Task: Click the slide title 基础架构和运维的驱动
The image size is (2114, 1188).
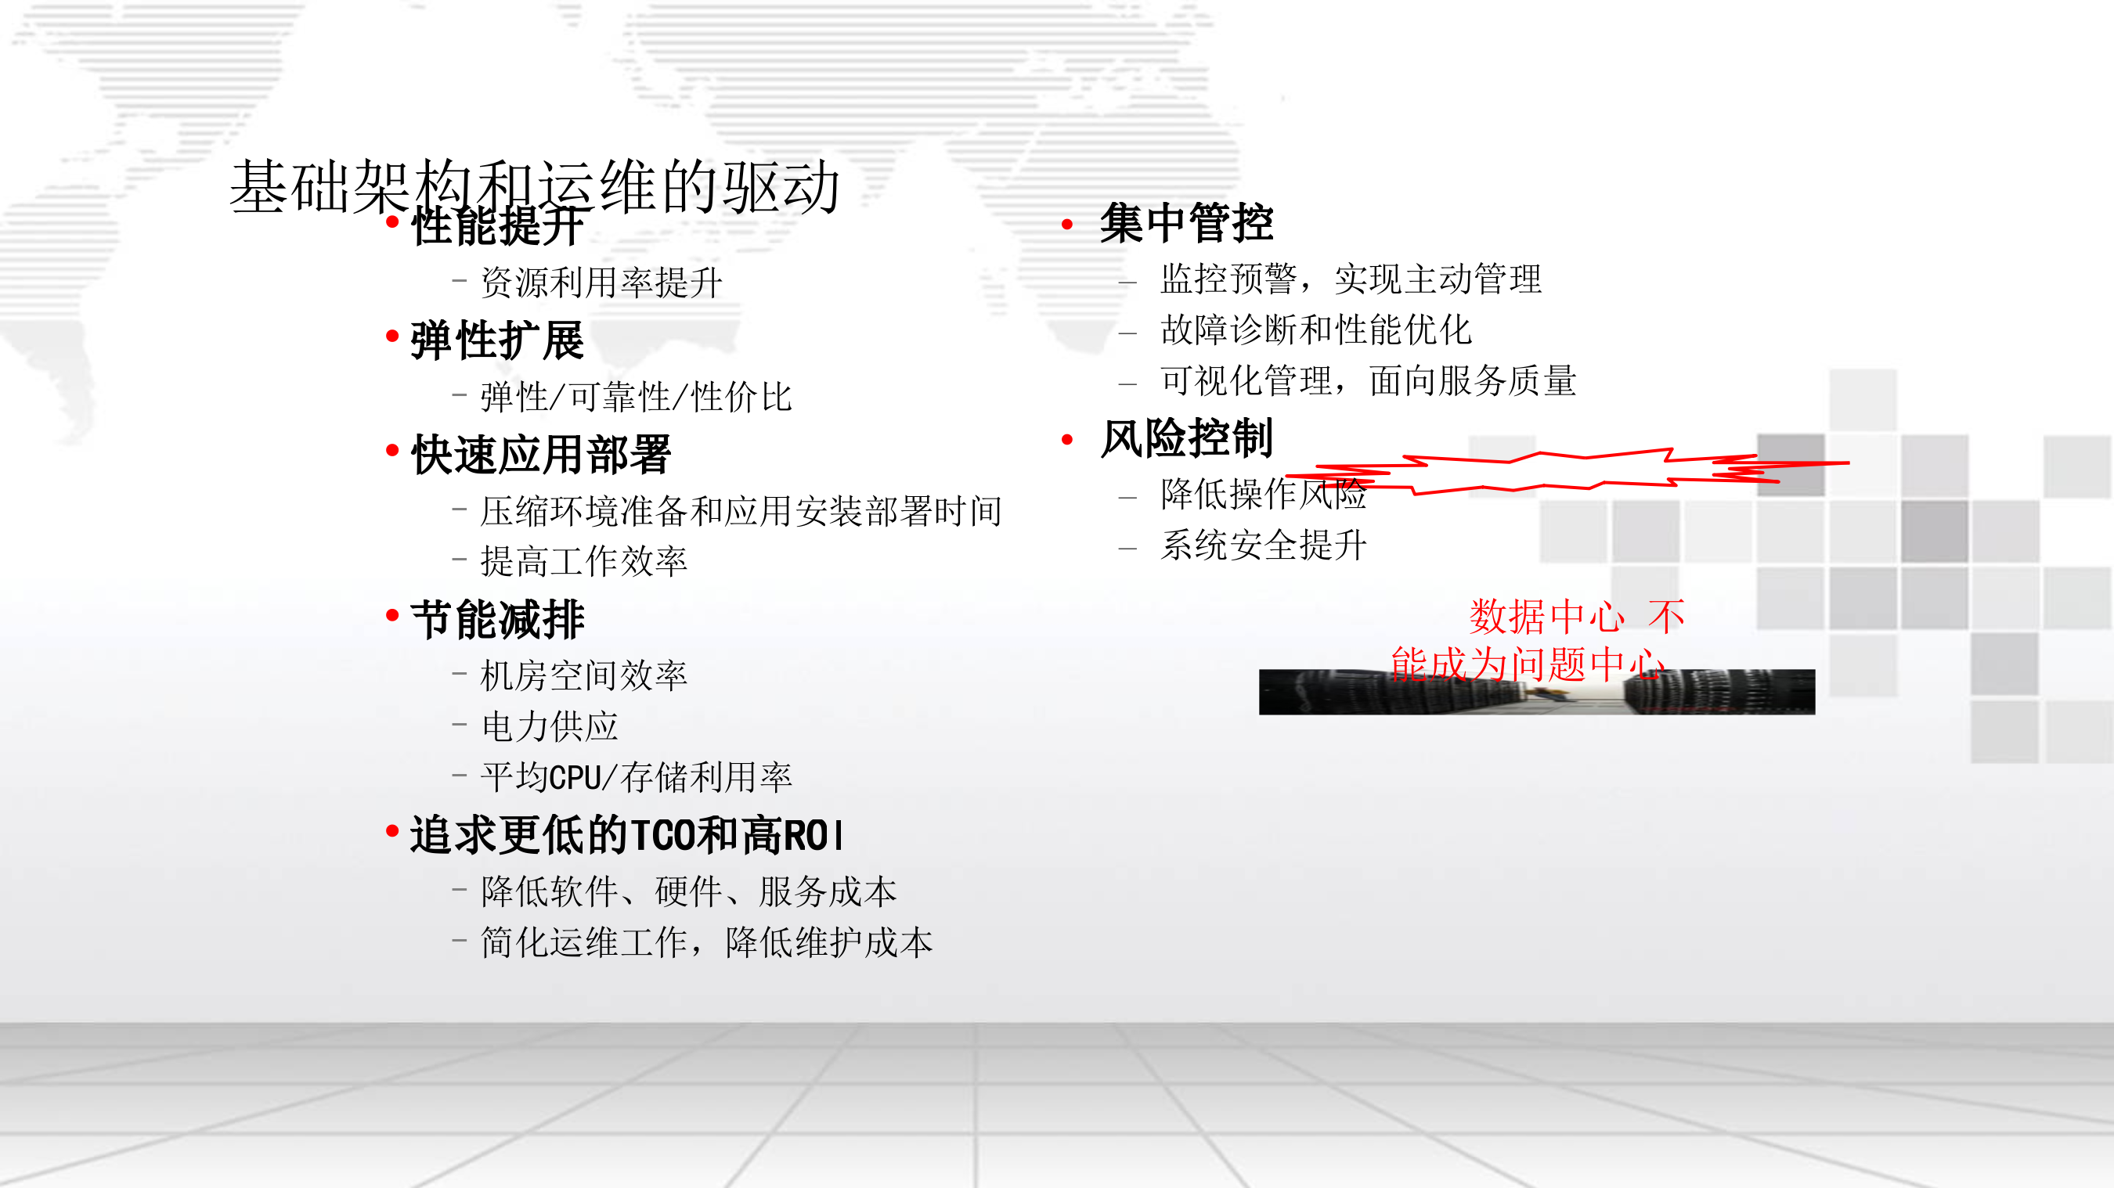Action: tap(535, 185)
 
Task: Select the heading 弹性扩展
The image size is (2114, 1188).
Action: tap(497, 340)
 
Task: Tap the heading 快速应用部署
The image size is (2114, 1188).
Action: tap(541, 454)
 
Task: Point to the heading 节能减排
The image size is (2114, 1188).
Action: tap(497, 618)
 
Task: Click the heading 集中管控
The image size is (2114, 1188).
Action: tap(1186, 223)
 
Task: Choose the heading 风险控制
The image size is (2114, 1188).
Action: tap(1186, 437)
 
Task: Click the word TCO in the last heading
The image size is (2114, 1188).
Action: tap(663, 836)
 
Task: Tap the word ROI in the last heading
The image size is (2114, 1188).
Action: tap(813, 836)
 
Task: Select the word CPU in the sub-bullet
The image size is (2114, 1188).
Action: tap(575, 777)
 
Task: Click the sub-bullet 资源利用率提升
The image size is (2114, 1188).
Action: tap(601, 283)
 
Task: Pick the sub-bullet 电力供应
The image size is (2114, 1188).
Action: tap(549, 726)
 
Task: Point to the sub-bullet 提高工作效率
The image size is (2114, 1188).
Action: tap(583, 561)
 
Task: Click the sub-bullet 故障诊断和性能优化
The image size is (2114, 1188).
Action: tap(1315, 329)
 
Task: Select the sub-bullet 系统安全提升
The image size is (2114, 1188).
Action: tap(1263, 545)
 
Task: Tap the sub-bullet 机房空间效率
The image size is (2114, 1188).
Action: tap(583, 675)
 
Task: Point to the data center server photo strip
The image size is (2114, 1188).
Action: tap(1536, 694)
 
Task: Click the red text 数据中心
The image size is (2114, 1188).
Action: tap(1546, 617)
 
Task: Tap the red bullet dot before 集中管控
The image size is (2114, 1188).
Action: tap(1067, 224)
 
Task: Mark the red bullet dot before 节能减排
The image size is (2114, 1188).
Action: tap(392, 614)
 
